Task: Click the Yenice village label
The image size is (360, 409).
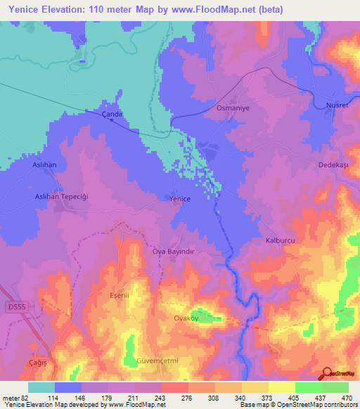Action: (x=180, y=200)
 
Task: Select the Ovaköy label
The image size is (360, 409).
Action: (x=188, y=318)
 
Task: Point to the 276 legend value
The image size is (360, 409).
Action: (x=176, y=397)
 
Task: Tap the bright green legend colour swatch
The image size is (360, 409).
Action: (x=308, y=387)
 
